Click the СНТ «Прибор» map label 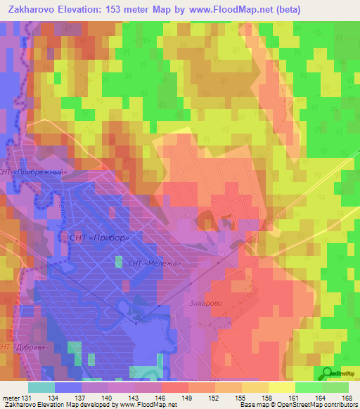(99, 238)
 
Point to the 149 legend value (187, 398)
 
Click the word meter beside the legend (10, 398)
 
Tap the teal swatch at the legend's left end (41, 387)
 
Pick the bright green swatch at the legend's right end (335, 387)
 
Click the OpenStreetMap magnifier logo (328, 372)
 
